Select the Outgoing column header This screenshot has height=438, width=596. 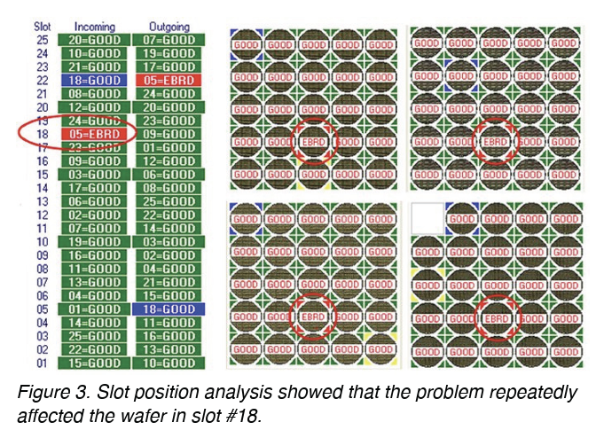(166, 27)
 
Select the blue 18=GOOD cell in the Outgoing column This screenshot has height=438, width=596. (166, 309)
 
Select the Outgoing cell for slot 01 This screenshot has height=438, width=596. (166, 363)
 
